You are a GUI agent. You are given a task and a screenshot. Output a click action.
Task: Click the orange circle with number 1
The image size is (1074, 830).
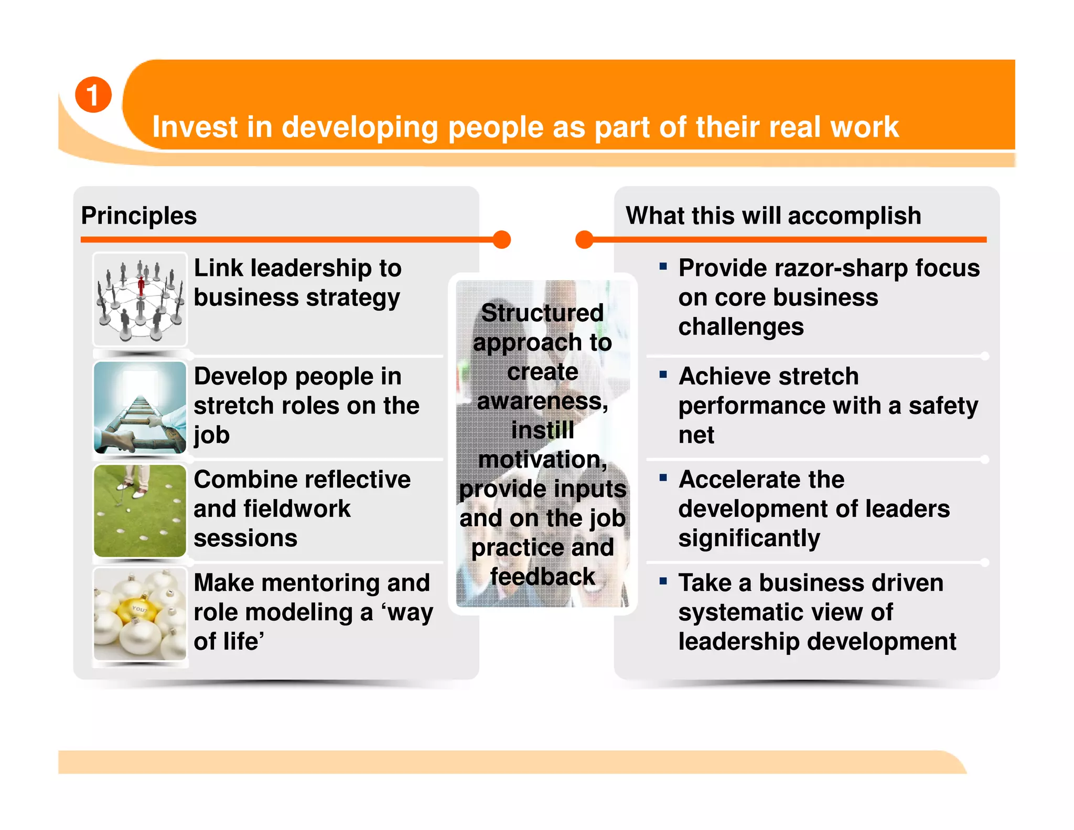(x=93, y=95)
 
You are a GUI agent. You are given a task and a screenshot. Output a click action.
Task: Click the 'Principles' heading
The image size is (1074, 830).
(x=139, y=216)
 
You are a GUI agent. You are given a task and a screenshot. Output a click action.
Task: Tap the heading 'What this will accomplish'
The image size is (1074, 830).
(x=773, y=216)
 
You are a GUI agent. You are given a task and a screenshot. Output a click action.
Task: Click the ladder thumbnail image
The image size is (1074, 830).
(x=140, y=407)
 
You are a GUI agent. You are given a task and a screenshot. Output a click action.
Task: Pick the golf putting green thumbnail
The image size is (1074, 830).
(x=140, y=510)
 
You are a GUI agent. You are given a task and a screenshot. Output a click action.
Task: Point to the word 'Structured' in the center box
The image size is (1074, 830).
(x=542, y=313)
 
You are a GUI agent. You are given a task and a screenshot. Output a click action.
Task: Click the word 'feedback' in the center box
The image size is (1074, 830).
(x=542, y=577)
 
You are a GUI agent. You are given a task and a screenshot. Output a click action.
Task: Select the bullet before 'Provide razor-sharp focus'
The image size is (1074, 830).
(x=663, y=267)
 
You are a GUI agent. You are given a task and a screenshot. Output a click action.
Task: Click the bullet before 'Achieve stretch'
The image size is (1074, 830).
(x=663, y=375)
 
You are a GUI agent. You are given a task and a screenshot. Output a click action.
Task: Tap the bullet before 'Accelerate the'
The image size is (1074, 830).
(x=663, y=477)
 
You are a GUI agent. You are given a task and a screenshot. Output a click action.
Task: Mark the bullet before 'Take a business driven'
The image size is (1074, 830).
(x=663, y=581)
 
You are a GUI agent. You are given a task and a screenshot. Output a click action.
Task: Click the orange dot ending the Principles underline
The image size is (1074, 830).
(x=502, y=239)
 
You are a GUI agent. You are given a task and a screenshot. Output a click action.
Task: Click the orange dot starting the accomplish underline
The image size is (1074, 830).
(x=584, y=239)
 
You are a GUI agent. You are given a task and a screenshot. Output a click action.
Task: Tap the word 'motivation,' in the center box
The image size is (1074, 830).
(x=542, y=460)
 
